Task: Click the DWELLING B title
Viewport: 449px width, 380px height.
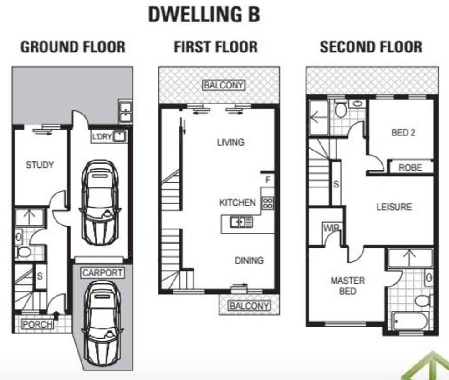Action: point(204,14)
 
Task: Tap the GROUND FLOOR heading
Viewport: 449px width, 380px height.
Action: point(73,47)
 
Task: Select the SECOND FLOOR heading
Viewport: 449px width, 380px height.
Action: point(371,47)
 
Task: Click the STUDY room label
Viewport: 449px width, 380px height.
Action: point(40,165)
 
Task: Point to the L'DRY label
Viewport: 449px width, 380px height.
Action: point(102,136)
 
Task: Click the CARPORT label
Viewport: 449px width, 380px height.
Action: point(102,273)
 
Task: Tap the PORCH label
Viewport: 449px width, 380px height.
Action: point(37,324)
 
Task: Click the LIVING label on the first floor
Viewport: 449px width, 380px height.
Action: point(231,142)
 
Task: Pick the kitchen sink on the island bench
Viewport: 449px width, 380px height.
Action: point(241,222)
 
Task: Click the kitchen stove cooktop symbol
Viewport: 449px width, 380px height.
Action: point(268,203)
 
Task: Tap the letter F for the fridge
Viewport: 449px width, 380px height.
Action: point(268,180)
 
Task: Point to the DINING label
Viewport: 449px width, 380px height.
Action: point(249,260)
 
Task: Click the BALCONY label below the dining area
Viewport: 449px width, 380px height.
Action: point(249,306)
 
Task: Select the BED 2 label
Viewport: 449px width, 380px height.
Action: point(403,132)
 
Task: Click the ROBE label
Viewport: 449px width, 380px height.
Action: point(410,167)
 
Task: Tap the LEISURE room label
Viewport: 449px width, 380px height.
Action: point(394,207)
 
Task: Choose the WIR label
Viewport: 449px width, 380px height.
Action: point(332,228)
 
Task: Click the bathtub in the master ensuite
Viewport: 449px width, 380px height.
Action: point(410,321)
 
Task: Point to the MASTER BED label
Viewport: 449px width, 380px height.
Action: point(347,286)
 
